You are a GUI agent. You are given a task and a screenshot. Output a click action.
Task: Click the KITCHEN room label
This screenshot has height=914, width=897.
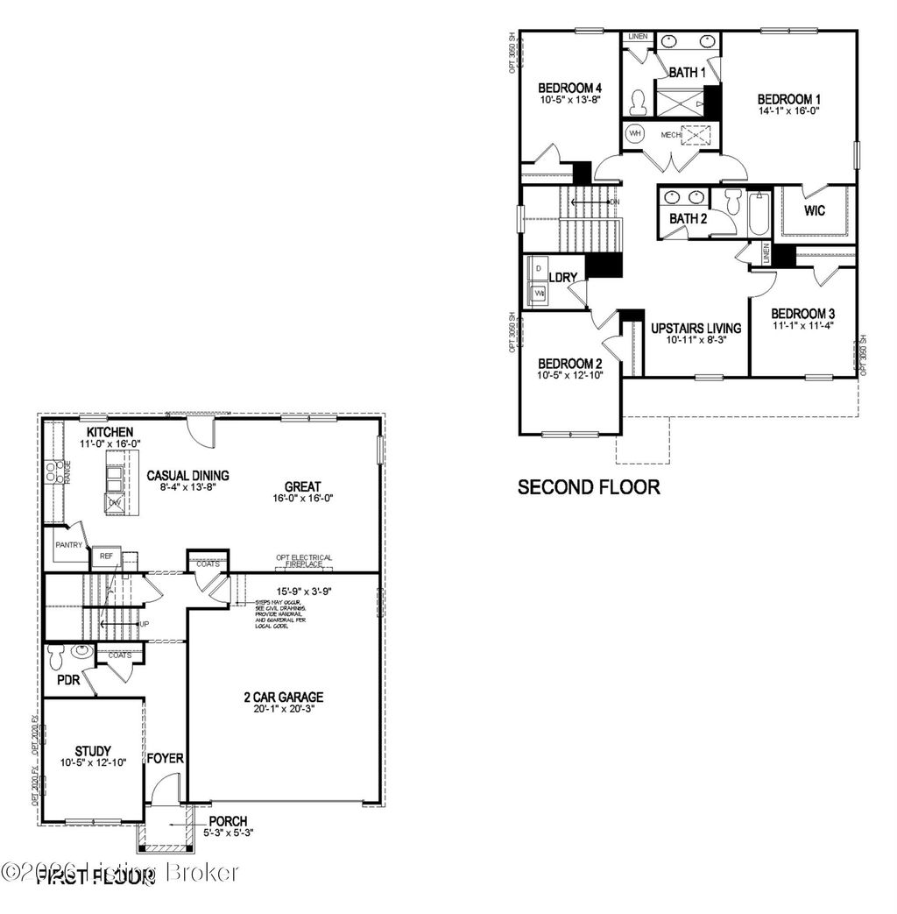109,432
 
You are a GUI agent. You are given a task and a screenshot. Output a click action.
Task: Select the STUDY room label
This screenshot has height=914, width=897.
92,751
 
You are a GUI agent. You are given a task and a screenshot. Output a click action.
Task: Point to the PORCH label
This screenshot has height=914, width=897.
228,821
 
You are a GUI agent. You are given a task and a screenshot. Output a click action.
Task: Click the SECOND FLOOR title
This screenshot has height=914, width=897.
589,487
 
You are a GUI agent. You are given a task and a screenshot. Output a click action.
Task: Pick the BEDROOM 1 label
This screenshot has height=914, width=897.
788,99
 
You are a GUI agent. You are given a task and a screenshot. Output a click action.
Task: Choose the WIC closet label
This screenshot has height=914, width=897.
815,211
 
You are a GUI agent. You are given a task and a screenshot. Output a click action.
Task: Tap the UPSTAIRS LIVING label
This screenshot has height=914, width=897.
696,329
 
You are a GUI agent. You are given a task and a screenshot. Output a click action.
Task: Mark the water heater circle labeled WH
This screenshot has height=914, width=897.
635,134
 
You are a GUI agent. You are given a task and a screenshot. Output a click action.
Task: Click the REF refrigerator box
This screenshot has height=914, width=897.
106,556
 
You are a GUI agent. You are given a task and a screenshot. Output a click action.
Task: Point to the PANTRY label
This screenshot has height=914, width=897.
68,545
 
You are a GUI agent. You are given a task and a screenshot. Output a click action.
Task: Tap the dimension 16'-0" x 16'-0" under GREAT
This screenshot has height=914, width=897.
302,498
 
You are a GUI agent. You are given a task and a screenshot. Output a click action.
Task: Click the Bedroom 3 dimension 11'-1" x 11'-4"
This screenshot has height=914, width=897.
802,325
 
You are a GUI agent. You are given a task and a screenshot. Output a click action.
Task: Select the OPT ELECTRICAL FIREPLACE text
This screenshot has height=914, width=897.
304,560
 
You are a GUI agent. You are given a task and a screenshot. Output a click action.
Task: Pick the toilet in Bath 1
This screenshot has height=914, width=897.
639,103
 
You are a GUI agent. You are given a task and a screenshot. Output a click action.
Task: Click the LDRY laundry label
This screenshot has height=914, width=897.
562,278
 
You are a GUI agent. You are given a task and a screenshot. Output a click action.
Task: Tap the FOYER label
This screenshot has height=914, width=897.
165,758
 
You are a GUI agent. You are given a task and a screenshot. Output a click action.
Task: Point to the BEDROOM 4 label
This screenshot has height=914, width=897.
569,88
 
